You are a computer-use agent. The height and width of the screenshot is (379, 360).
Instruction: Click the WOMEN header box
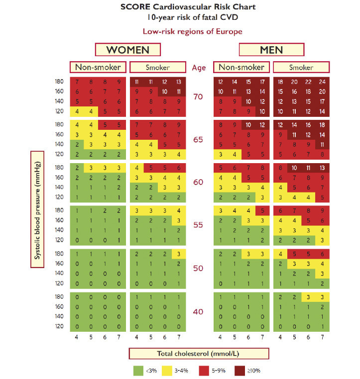click(128, 49)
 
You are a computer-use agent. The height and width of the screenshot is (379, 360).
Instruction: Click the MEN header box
click(271, 49)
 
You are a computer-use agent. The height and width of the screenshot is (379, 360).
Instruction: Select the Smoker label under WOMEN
click(157, 67)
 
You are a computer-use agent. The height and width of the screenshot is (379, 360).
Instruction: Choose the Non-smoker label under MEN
click(241, 67)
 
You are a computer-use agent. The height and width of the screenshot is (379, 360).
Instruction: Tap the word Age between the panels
click(199, 67)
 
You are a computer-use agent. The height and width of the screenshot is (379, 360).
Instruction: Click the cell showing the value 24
click(322, 82)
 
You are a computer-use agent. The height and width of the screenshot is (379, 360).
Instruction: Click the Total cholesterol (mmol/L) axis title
click(199, 354)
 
